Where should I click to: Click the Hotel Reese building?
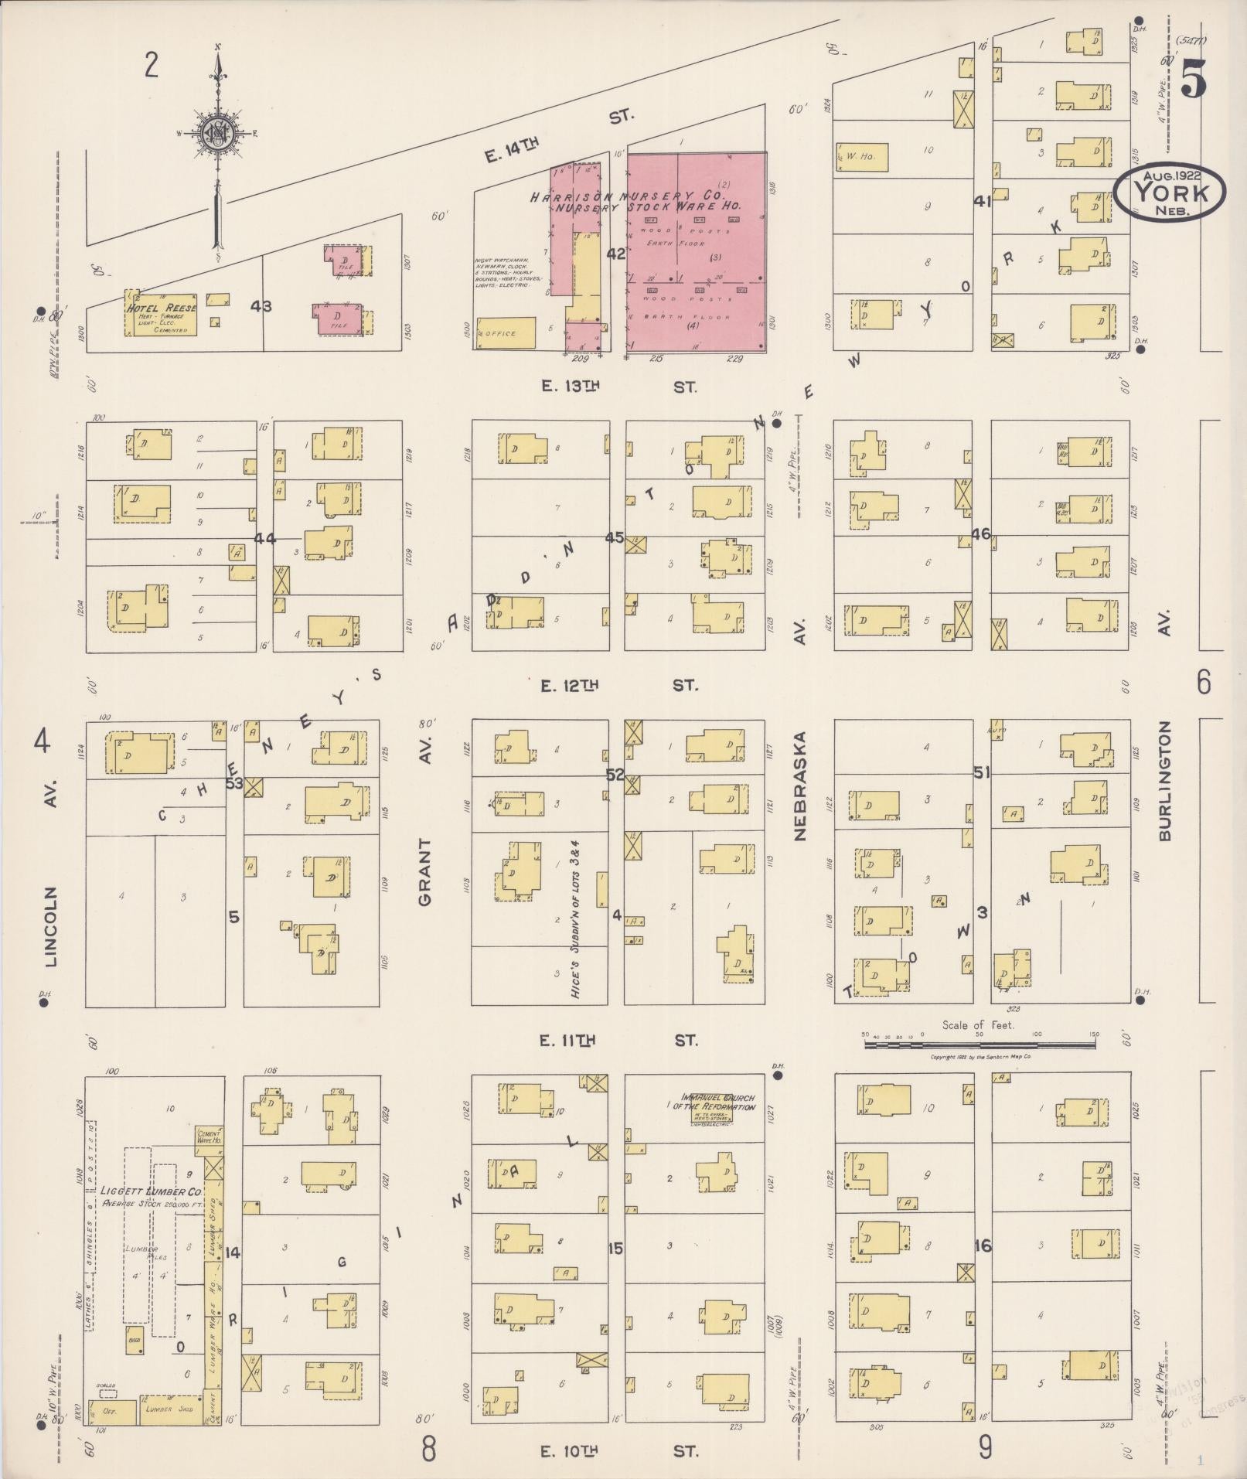click(x=161, y=315)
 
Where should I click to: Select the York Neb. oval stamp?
click(x=1170, y=194)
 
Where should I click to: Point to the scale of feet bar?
click(x=980, y=1045)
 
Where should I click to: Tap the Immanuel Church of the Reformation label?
click(x=717, y=1102)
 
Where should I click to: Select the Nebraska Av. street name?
click(x=799, y=786)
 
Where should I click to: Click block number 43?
click(x=261, y=306)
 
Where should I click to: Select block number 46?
click(x=981, y=533)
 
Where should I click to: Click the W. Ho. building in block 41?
click(x=862, y=157)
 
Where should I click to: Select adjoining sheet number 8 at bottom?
click(x=429, y=1447)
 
